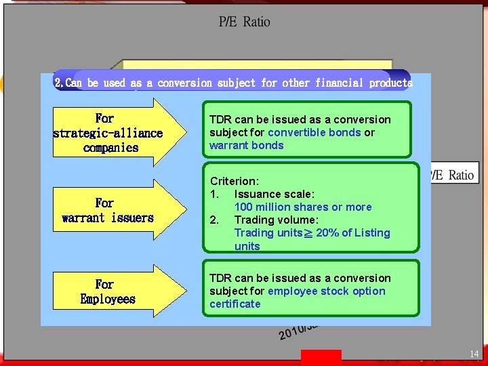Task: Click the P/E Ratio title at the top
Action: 244,22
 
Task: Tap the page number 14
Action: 474,354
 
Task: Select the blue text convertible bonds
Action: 314,132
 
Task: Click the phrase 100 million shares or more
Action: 303,207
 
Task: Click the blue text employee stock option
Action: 327,291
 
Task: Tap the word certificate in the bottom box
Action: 235,304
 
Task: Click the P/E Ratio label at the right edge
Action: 452,175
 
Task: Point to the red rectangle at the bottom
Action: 321,357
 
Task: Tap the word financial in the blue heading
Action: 340,83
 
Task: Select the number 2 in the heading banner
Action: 58,83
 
